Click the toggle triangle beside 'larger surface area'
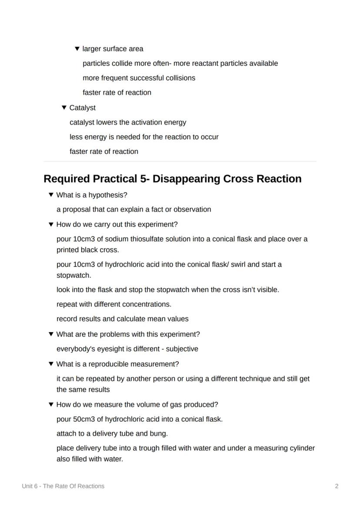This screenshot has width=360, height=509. (77, 49)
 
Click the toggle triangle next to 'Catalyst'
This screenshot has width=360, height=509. (64, 107)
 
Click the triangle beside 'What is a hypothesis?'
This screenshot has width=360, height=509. (51, 195)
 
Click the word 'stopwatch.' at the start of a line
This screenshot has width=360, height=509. (73, 275)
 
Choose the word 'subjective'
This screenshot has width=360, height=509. (182, 349)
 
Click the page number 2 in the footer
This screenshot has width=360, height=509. (337, 486)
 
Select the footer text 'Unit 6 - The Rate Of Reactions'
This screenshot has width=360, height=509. (63, 486)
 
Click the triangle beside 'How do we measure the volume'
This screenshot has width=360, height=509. (51, 404)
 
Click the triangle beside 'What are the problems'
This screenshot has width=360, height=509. (51, 334)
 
